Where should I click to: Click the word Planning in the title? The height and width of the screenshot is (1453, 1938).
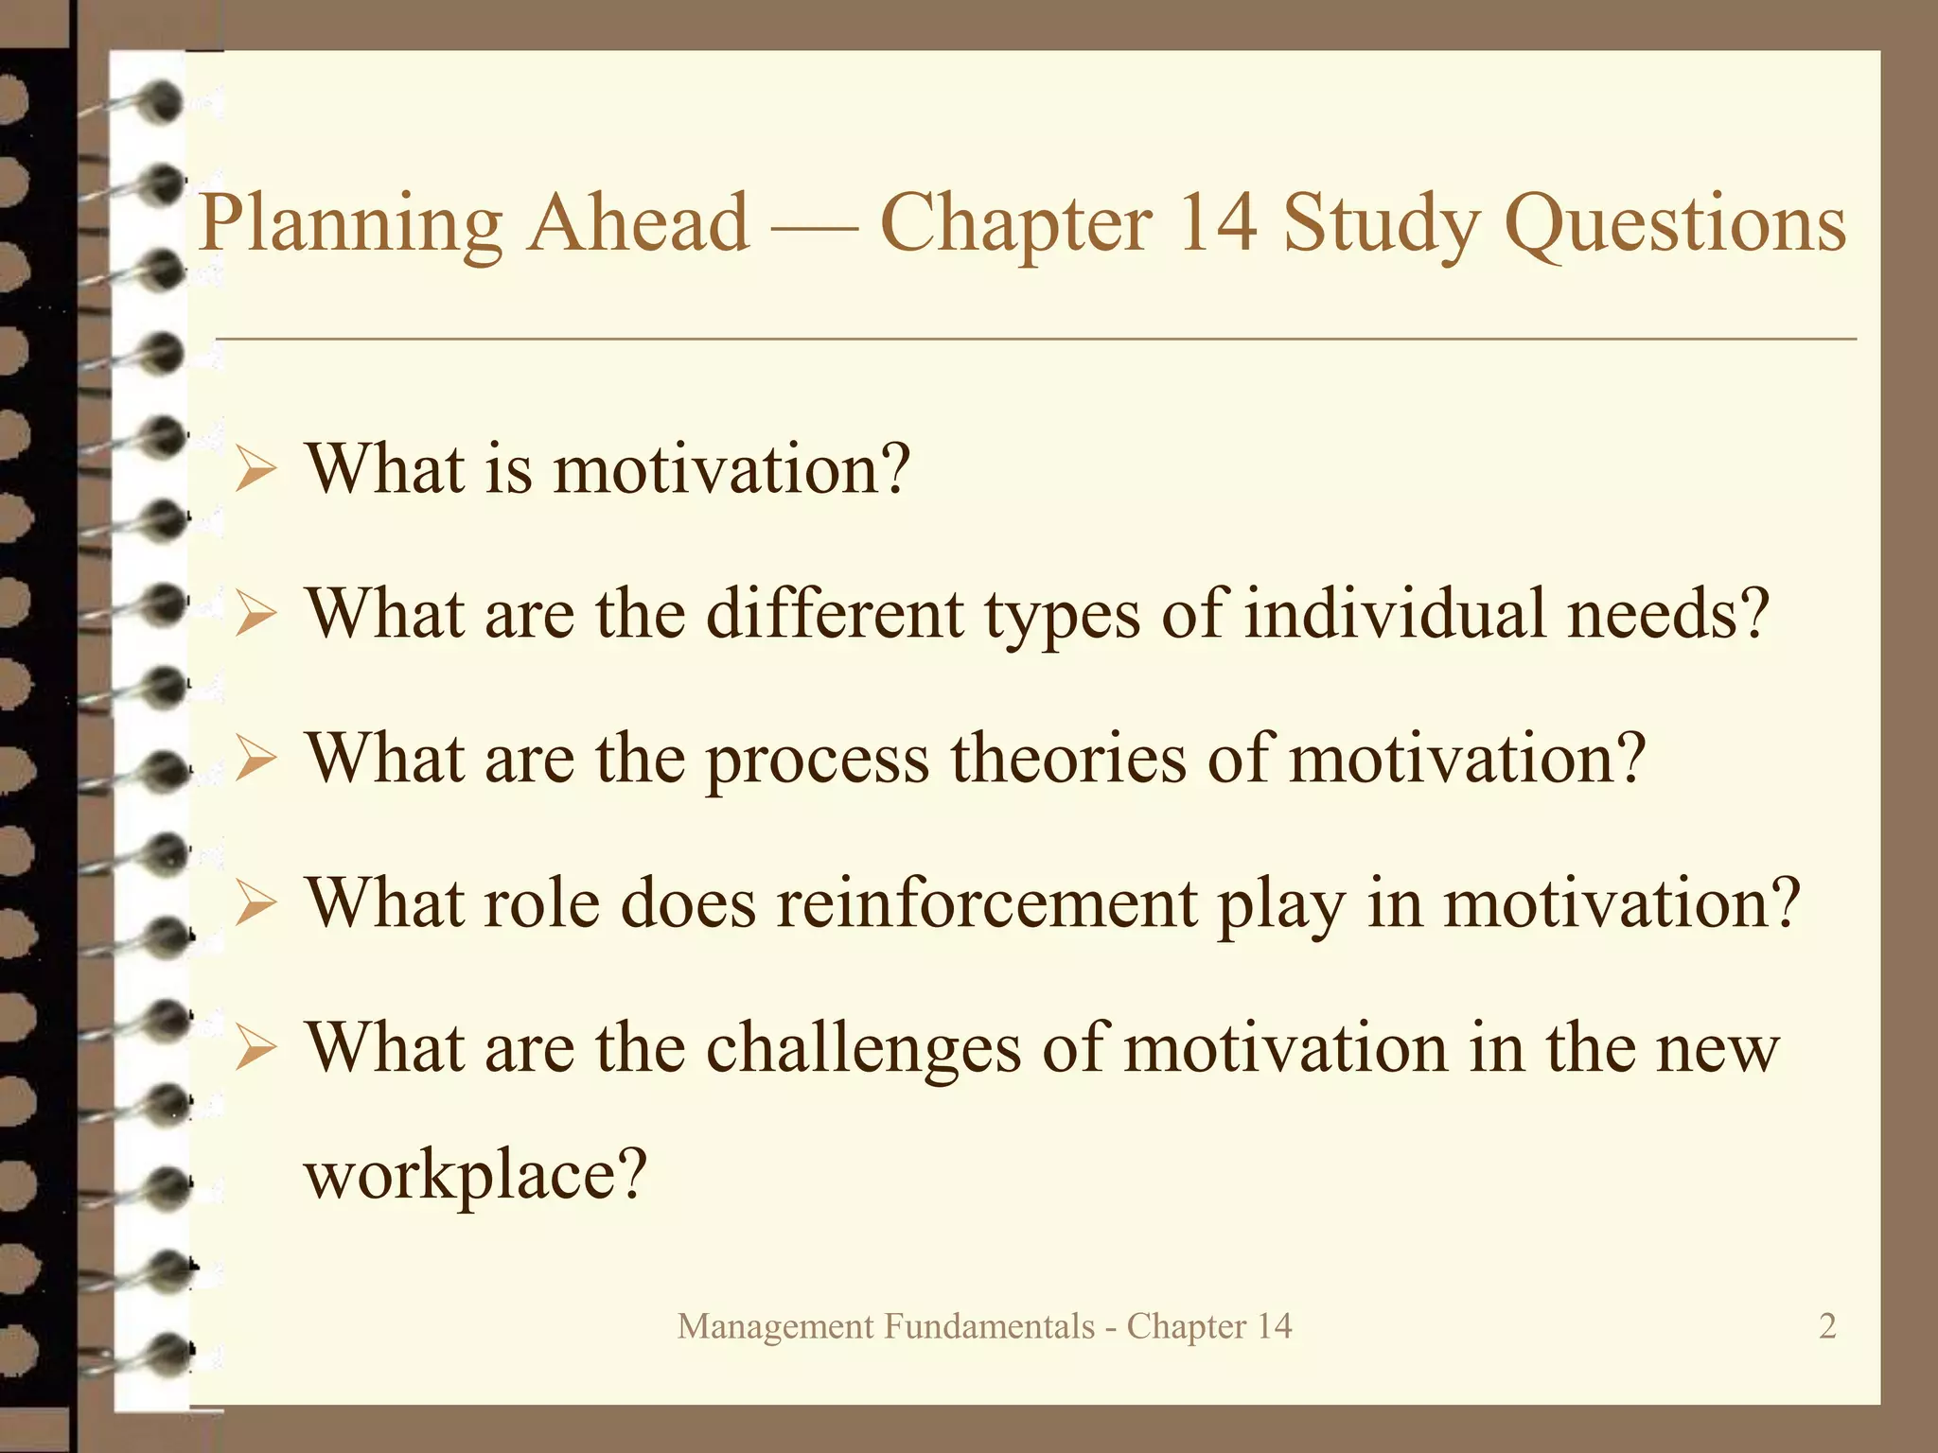351,225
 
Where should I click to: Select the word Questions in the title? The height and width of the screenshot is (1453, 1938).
1674,225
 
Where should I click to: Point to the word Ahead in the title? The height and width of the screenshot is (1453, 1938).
639,223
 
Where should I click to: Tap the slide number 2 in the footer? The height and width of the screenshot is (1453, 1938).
1827,1326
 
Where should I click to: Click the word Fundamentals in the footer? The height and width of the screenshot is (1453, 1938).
989,1326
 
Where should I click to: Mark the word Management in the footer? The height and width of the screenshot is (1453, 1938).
775,1327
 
